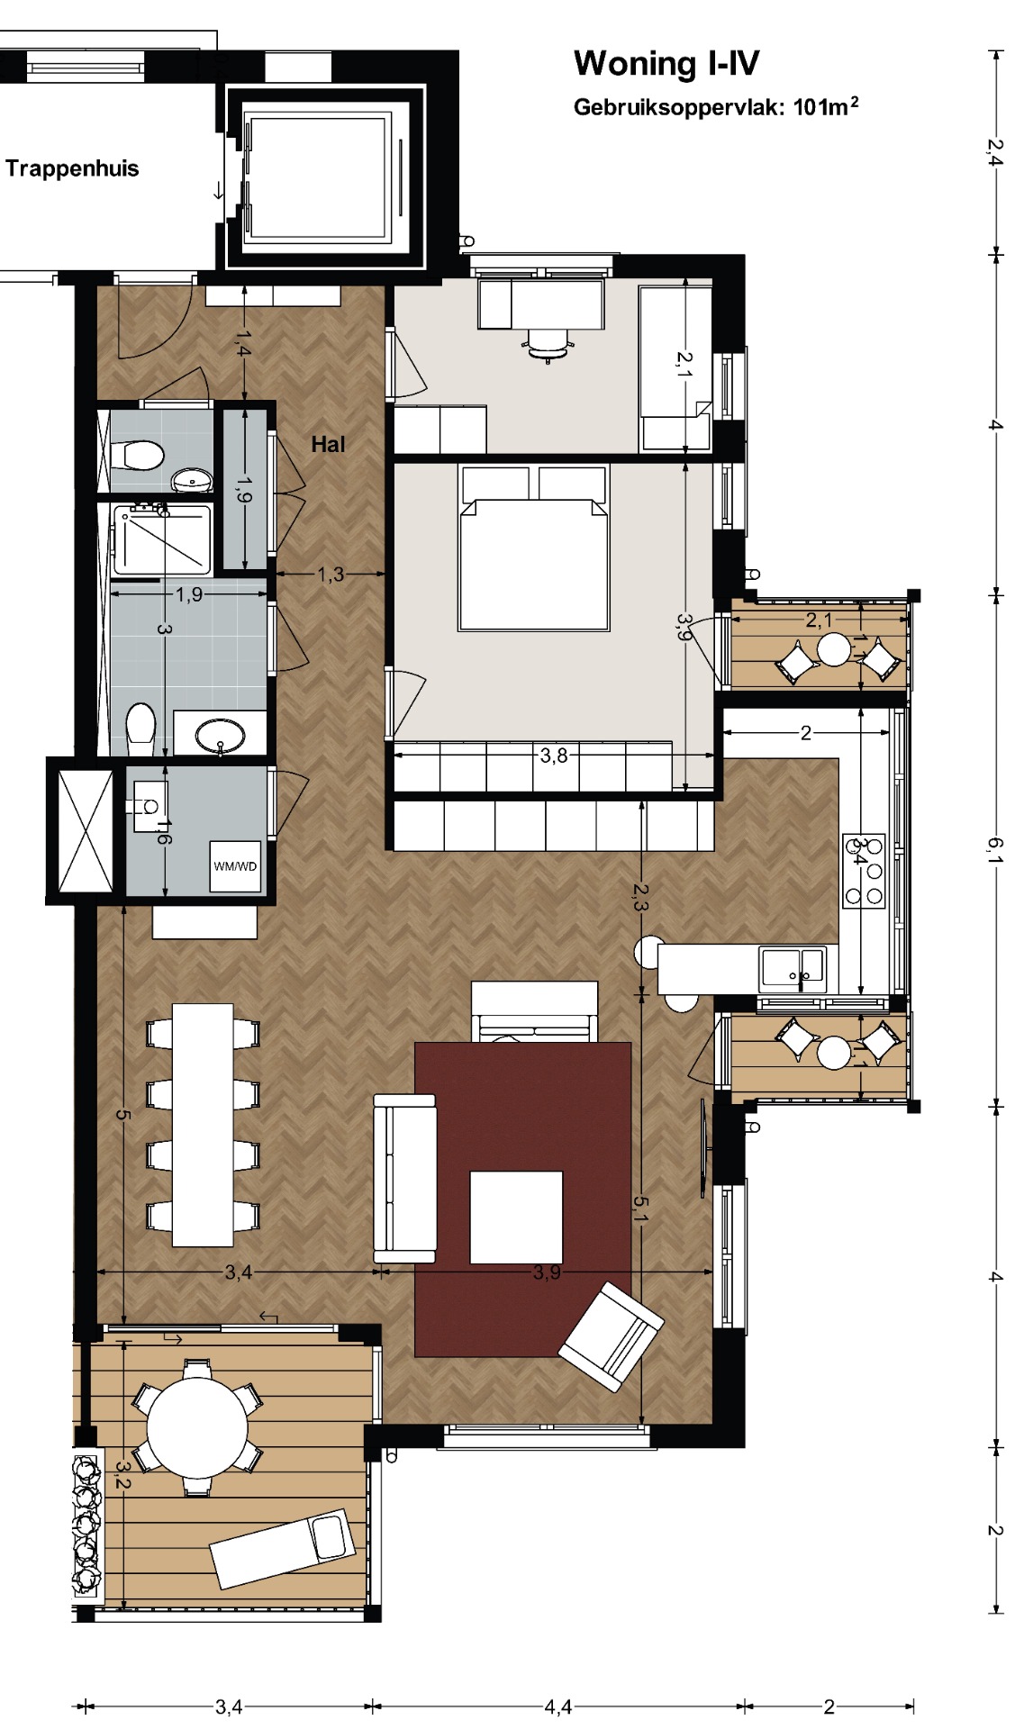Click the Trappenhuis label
(x=72, y=168)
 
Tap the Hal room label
(x=328, y=444)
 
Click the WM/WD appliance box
(x=235, y=866)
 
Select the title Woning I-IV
(x=666, y=64)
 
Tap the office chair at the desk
(x=548, y=344)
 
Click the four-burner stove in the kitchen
(x=864, y=871)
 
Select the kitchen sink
(x=793, y=968)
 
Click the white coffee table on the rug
(x=516, y=1218)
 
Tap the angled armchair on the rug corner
(x=611, y=1336)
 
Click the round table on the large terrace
(x=197, y=1427)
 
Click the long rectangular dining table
(x=203, y=1125)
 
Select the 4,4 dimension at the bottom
(x=557, y=1706)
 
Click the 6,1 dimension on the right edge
(x=994, y=849)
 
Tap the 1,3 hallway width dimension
(x=331, y=574)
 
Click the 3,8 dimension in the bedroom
(x=554, y=756)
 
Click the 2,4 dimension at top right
(x=993, y=151)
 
